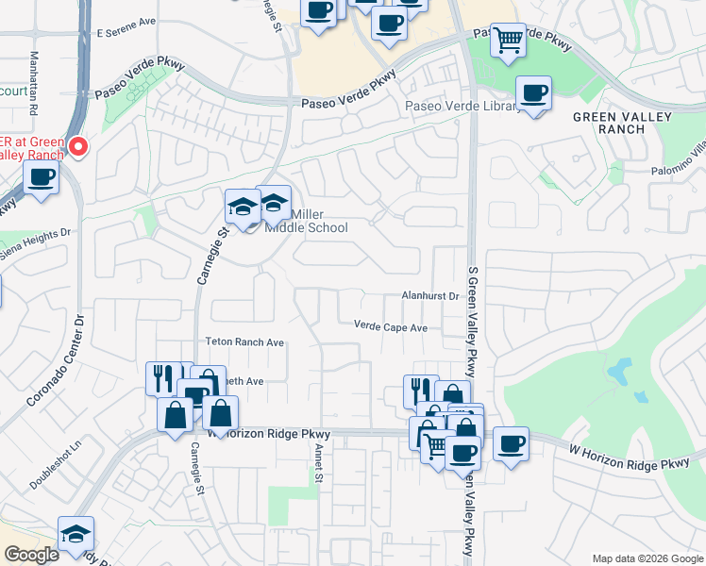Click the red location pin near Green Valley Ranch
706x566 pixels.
pos(77,147)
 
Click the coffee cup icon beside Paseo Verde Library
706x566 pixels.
pos(533,93)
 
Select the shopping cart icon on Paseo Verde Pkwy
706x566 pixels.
pos(508,41)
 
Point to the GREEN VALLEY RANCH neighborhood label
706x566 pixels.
pos(622,123)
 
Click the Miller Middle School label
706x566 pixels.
pos(306,221)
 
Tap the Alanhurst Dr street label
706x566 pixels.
pos(429,296)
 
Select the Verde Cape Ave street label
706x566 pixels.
pos(391,327)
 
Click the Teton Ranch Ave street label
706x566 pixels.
pos(244,342)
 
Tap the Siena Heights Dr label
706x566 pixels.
pos(36,242)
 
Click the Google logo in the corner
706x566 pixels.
pos(31,555)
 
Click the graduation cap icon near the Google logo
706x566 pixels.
pos(76,533)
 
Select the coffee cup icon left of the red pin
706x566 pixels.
pos(41,177)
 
